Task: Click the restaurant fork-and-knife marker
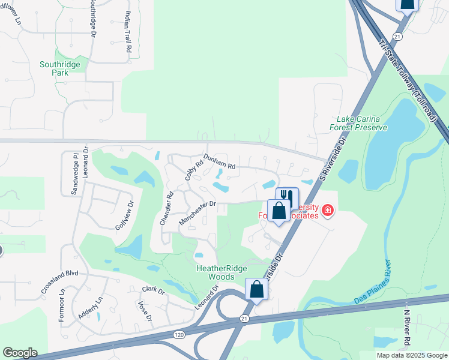(287, 197)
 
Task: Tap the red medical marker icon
(328, 210)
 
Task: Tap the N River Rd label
(406, 327)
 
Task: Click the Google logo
(20, 353)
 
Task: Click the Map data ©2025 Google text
(411, 355)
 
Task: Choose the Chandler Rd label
(166, 208)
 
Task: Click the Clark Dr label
(153, 290)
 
